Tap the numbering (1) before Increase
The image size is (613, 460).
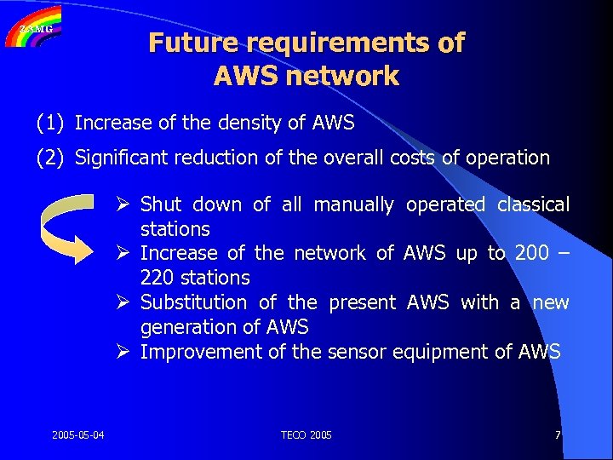[50, 124]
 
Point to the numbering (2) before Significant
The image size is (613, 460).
[50, 158]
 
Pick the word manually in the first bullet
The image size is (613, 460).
[353, 205]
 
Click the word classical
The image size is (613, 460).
[533, 205]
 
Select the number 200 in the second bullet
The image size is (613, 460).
[531, 254]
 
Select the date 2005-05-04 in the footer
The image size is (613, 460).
[78, 435]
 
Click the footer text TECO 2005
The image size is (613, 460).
[306, 435]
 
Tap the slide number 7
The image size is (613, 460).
[557, 435]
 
